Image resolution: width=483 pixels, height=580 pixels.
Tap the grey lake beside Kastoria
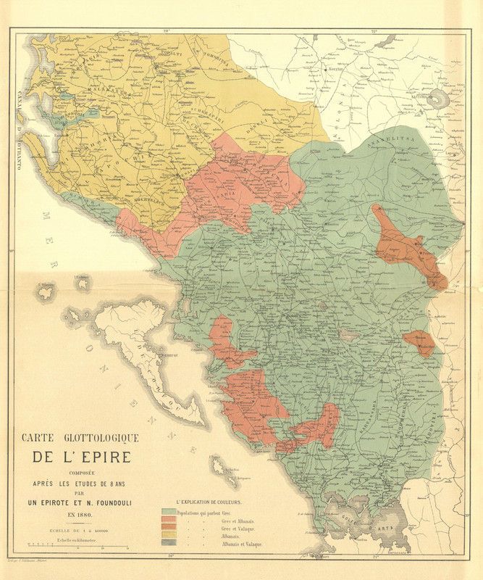point(437,99)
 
